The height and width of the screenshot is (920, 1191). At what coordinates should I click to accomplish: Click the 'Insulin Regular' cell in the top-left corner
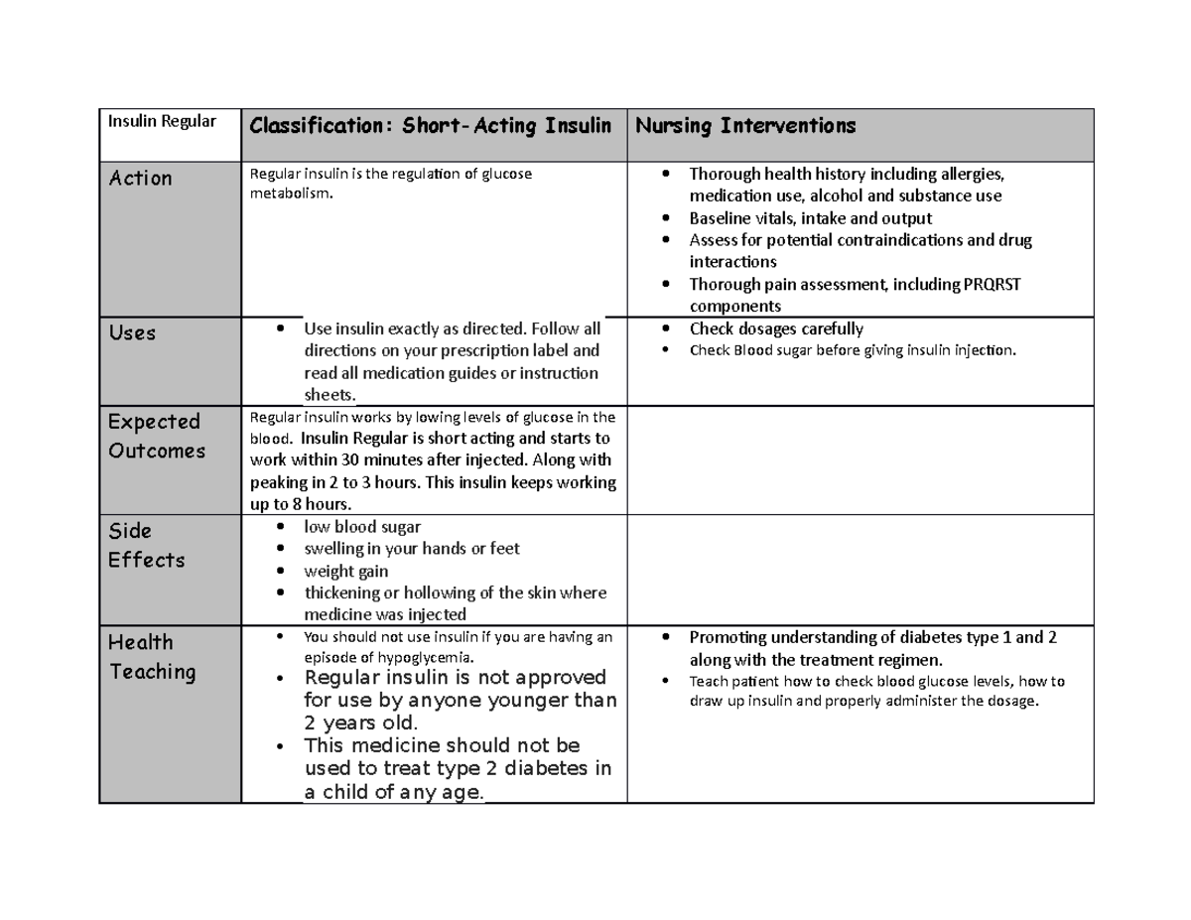coord(162,121)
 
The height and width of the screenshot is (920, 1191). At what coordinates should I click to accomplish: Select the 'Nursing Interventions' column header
coord(745,126)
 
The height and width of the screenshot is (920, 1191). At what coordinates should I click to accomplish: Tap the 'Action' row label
coord(141,179)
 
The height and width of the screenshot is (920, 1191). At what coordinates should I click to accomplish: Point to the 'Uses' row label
coord(132,333)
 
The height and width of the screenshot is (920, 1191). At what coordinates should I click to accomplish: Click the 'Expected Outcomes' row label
coord(156,437)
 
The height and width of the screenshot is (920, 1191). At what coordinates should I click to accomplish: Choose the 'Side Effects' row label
coord(146,546)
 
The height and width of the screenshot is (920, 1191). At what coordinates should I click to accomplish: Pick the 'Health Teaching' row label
coord(152,657)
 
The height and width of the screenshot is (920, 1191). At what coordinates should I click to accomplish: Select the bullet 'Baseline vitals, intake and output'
coord(810,218)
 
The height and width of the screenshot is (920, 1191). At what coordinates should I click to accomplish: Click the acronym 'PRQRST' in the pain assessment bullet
coord(992,285)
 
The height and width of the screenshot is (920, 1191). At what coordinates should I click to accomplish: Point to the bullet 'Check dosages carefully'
coord(776,329)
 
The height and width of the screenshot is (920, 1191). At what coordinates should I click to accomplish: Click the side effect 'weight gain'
coord(346,571)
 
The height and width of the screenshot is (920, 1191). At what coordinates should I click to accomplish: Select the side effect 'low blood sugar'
coord(362,527)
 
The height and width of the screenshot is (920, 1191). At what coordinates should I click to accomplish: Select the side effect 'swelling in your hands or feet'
coord(412,549)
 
